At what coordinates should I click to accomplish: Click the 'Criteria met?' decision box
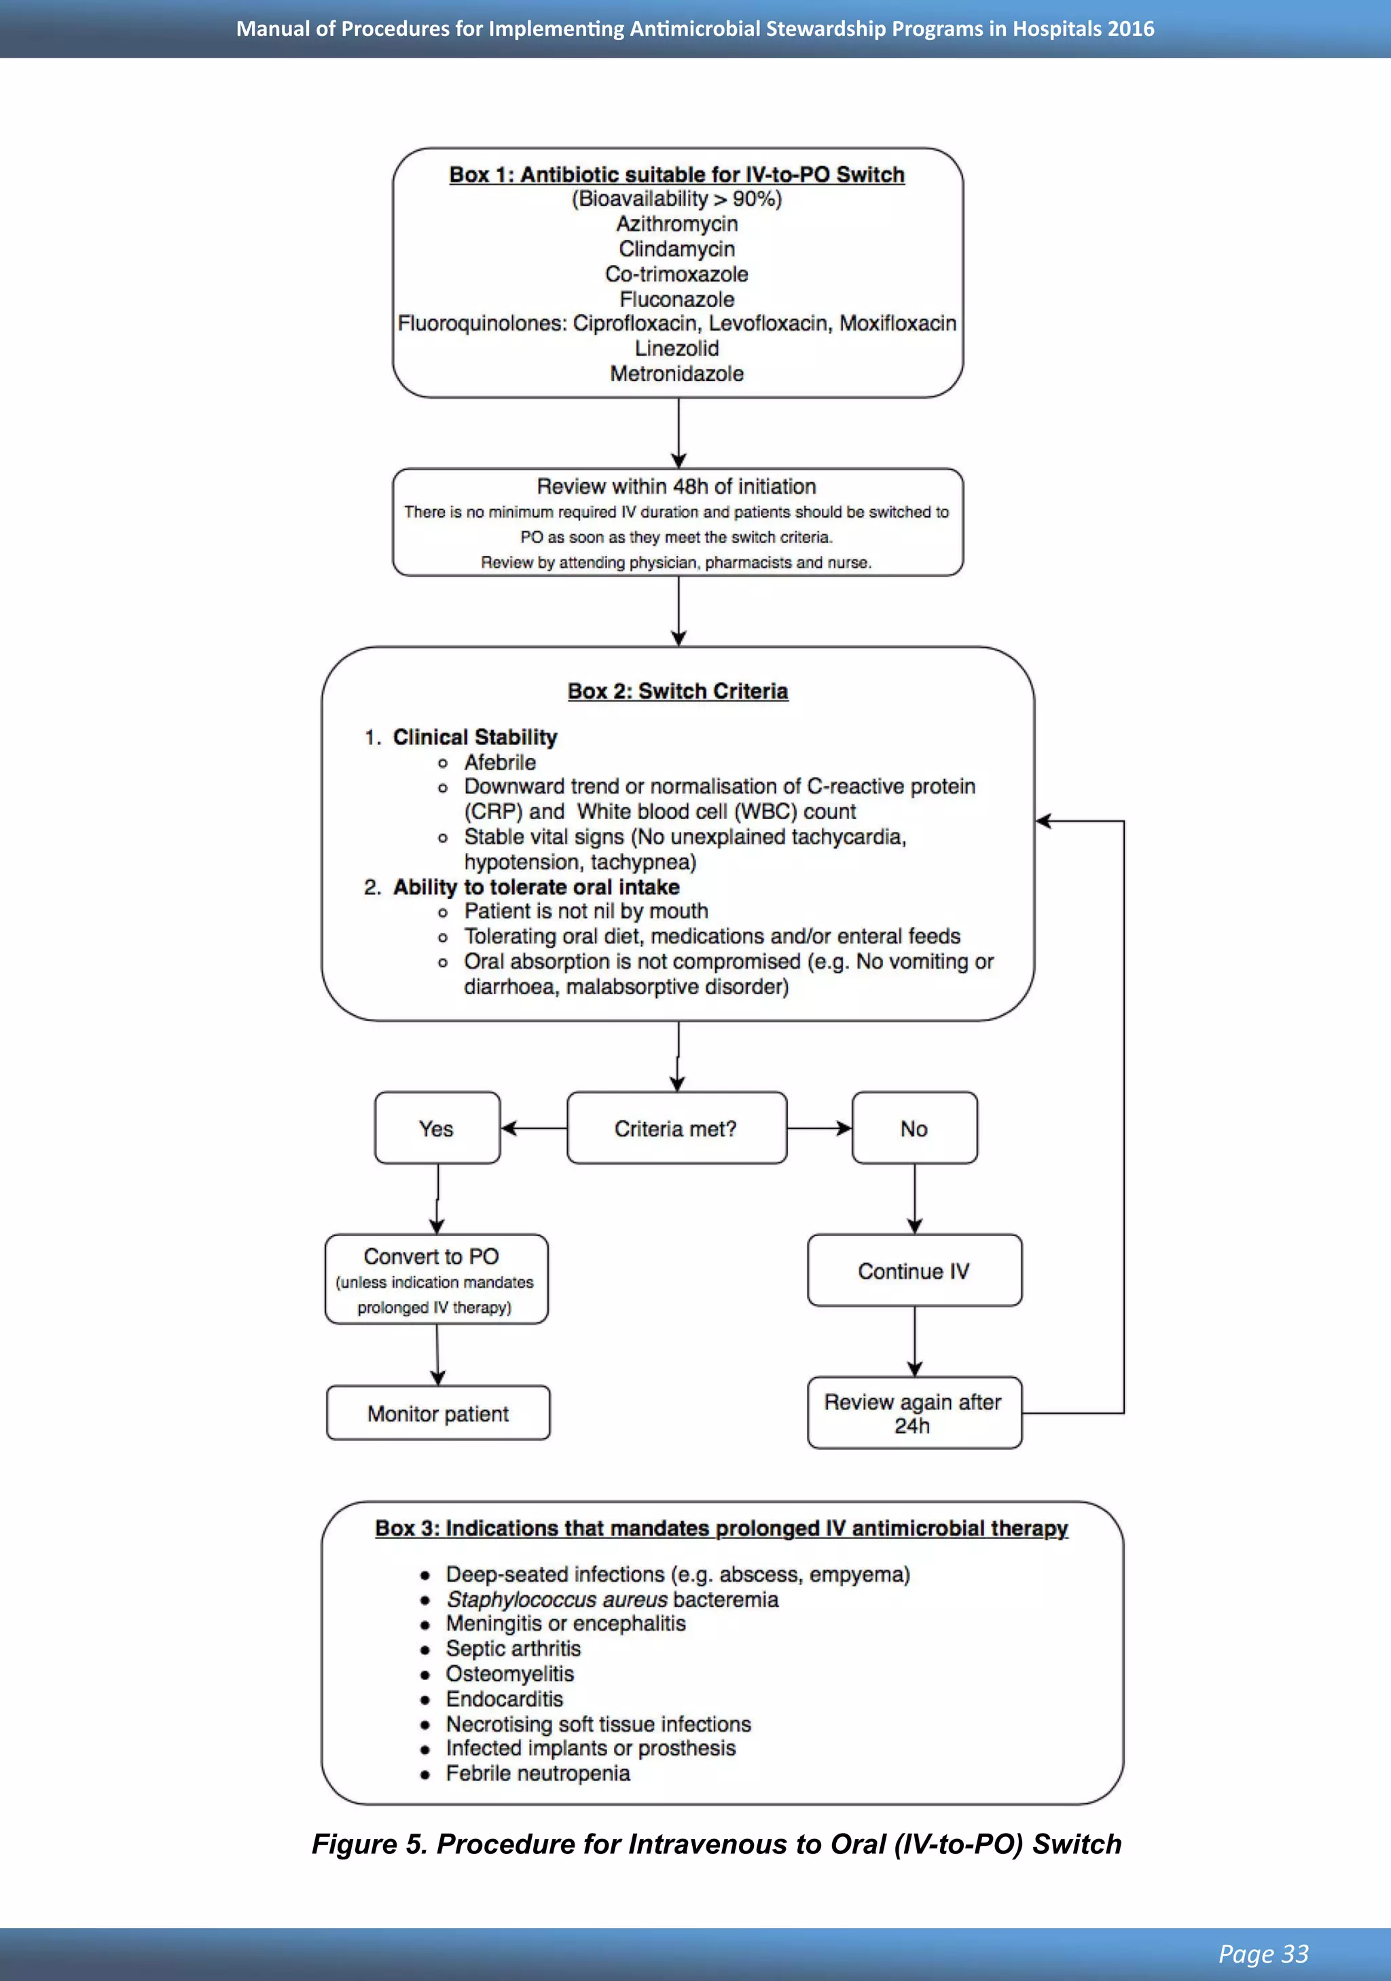[x=676, y=1129]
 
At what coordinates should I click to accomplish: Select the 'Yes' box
[x=437, y=1129]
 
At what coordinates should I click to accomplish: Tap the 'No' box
[x=914, y=1129]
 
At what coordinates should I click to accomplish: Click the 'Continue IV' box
[x=914, y=1271]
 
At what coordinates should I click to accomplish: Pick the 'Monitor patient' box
[x=437, y=1413]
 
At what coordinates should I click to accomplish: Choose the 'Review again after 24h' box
[x=913, y=1413]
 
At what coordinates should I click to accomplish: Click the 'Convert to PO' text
[x=431, y=1256]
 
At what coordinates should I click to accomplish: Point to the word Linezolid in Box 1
[x=676, y=348]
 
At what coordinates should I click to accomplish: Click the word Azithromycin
[x=676, y=224]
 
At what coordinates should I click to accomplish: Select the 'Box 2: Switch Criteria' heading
[x=677, y=691]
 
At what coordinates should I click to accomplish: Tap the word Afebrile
[x=500, y=763]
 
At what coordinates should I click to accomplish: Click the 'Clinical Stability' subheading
[x=475, y=737]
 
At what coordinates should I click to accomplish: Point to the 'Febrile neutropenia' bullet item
[x=538, y=1773]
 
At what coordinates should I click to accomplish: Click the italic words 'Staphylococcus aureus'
[x=556, y=1599]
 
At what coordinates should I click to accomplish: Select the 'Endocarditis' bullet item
[x=504, y=1699]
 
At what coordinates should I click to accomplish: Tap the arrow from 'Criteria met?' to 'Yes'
[x=533, y=1129]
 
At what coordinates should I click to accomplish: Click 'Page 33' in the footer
[x=1263, y=1953]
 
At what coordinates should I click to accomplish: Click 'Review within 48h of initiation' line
[x=676, y=487]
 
